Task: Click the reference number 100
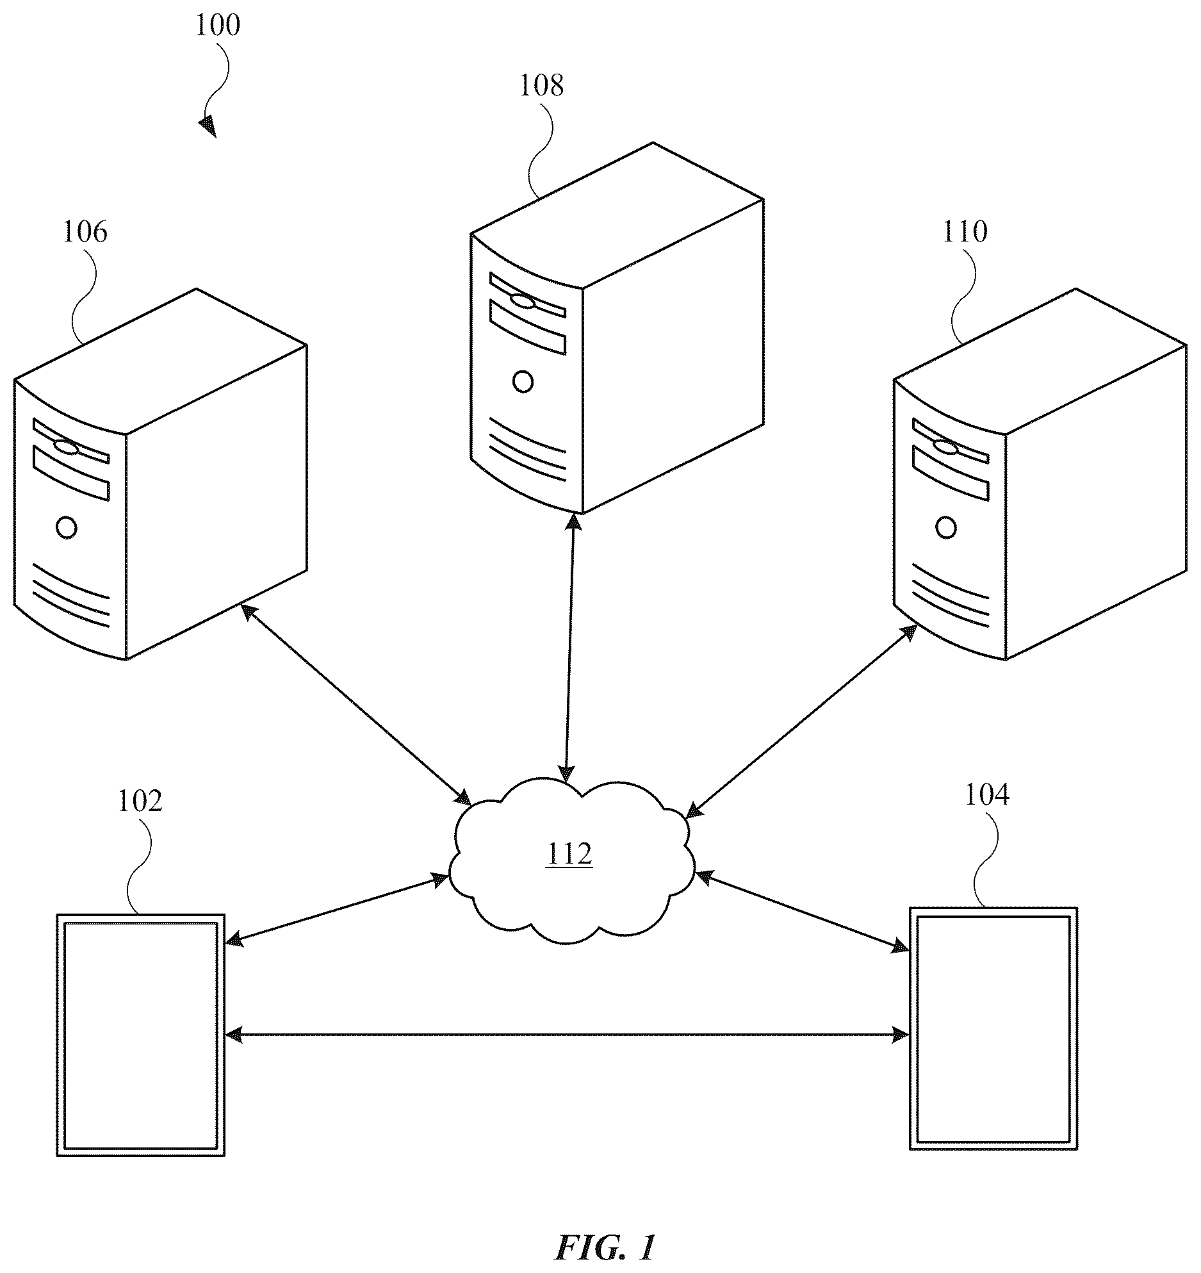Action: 217,26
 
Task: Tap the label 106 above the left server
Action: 85,232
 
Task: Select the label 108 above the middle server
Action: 541,85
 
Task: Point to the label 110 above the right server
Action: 965,232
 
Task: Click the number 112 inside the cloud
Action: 569,854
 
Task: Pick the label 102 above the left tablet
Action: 140,801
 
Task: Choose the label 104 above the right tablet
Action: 986,795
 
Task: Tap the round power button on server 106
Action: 67,528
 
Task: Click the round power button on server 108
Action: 523,382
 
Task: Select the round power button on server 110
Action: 946,528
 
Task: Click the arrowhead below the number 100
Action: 208,127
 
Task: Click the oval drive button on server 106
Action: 66,447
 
